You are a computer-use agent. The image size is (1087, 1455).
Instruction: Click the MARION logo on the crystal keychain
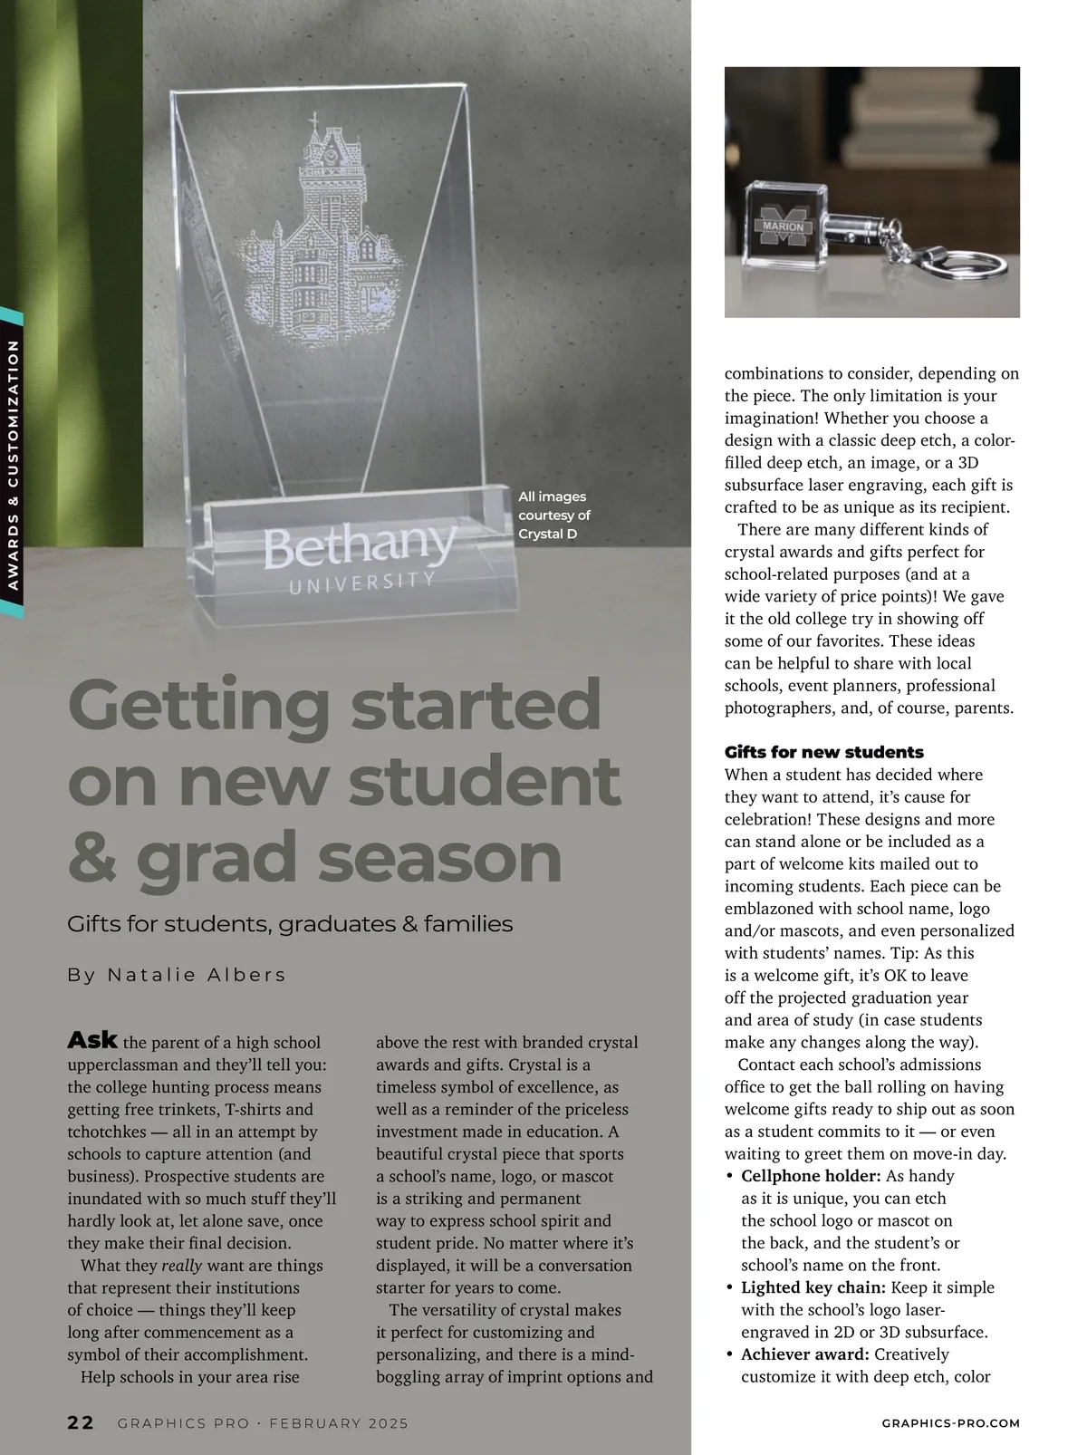(x=784, y=226)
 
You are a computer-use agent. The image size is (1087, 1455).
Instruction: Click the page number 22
(x=80, y=1422)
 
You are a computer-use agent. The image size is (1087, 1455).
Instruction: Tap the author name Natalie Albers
(x=197, y=975)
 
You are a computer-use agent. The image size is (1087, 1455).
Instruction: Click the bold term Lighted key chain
(x=813, y=1287)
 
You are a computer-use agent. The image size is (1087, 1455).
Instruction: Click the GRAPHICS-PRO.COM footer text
(x=950, y=1423)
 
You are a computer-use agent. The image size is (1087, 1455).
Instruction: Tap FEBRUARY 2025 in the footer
(x=338, y=1423)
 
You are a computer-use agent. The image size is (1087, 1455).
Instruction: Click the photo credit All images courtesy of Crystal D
(x=553, y=515)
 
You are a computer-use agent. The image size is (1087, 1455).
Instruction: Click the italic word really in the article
(x=181, y=1266)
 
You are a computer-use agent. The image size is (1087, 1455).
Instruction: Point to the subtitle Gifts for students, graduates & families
(x=290, y=924)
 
